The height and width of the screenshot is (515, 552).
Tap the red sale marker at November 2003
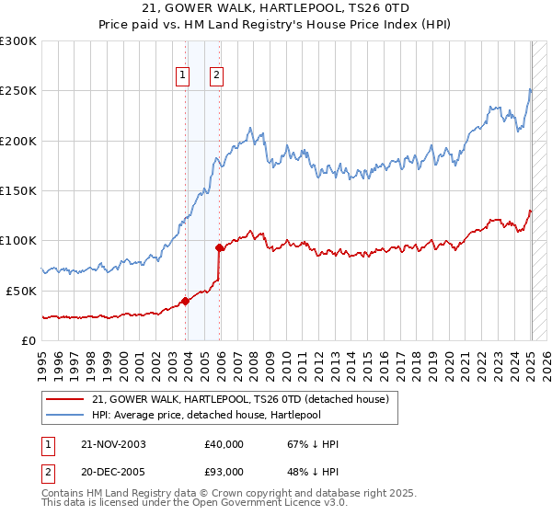click(186, 300)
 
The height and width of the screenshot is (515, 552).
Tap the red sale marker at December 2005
click(220, 247)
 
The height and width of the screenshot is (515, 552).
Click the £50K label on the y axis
click(22, 291)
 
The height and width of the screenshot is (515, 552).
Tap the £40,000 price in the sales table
click(224, 444)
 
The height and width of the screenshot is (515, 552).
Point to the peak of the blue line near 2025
click(530, 88)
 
